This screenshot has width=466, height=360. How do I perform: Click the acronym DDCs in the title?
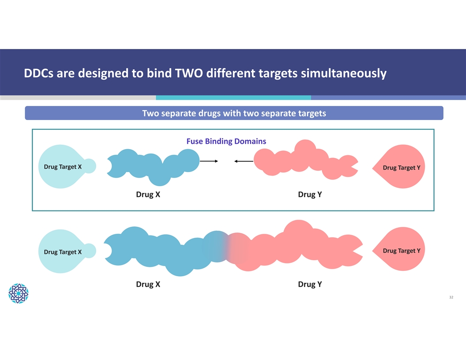click(x=38, y=73)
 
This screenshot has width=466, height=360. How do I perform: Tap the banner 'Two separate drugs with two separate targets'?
click(x=234, y=113)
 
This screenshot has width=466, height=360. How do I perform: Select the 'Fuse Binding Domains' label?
click(x=226, y=142)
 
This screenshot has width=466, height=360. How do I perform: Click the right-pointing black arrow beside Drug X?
click(x=209, y=161)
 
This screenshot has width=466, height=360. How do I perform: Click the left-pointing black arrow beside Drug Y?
click(x=244, y=161)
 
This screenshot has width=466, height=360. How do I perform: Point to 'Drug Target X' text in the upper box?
click(x=63, y=167)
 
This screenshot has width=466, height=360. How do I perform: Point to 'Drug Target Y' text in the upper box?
click(x=401, y=168)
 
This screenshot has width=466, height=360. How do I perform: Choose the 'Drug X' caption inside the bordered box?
click(x=148, y=195)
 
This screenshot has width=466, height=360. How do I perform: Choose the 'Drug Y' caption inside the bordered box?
click(x=310, y=195)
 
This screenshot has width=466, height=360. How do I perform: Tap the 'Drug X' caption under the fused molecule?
click(x=148, y=284)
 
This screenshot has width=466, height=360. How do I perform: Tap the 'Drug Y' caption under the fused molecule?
click(x=310, y=284)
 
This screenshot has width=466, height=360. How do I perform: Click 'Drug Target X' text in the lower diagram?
click(x=63, y=252)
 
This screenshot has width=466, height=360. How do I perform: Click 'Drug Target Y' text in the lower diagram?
click(x=401, y=251)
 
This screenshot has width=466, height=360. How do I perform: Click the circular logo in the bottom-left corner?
click(x=19, y=293)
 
